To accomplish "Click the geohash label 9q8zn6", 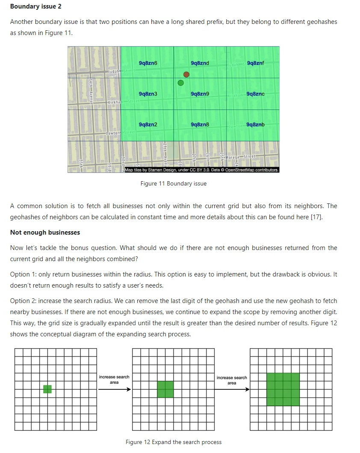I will click(148, 63).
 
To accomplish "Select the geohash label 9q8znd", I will click(200, 63).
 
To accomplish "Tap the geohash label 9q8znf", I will click(255, 63).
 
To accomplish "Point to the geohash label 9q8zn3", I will click(148, 94).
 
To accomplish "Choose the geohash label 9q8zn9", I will click(200, 94).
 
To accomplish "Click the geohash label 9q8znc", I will click(255, 94).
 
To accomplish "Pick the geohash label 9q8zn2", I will click(148, 124).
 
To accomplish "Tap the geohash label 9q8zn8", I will click(200, 124).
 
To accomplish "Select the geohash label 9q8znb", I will click(255, 124).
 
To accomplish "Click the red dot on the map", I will click(186, 74).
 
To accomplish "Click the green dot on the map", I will click(180, 82).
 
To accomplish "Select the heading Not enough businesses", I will click(45, 232).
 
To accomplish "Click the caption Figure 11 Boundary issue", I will click(173, 184).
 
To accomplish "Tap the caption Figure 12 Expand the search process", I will click(174, 442).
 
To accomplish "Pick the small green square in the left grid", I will click(47, 389).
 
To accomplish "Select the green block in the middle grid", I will click(165, 389).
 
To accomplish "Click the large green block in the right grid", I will click(283, 389).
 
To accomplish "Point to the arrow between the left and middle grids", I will click(114, 389).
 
